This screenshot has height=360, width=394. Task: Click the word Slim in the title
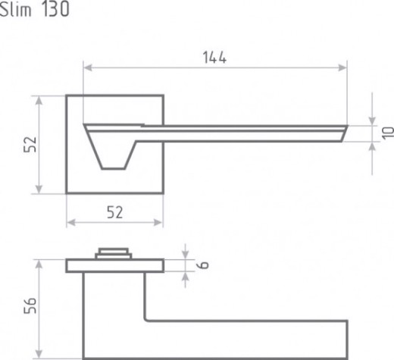pyautogui.click(x=16, y=10)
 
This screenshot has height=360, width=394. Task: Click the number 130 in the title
pyautogui.click(x=55, y=10)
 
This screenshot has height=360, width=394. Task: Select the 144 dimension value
pyautogui.click(x=214, y=58)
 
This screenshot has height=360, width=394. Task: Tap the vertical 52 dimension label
pyautogui.click(x=30, y=145)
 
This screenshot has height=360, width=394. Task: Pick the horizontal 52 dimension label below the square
pyautogui.click(x=115, y=212)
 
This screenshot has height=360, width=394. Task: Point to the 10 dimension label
pyautogui.click(x=387, y=133)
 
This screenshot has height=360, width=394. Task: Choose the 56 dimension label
pyautogui.click(x=30, y=305)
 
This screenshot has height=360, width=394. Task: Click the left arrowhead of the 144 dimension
pyautogui.click(x=87, y=67)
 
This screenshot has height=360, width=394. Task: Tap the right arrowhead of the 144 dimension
pyautogui.click(x=342, y=67)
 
